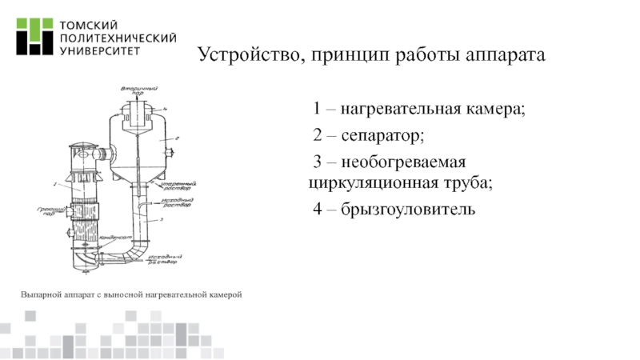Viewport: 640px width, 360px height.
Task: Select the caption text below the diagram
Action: pyautogui.click(x=130, y=296)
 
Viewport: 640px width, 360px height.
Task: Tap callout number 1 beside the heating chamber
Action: pyautogui.click(x=56, y=185)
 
